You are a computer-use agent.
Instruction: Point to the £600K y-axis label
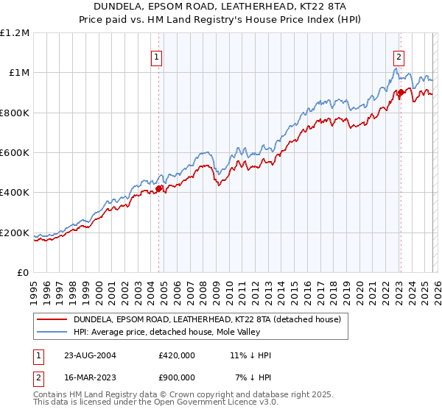pyautogui.click(x=15, y=153)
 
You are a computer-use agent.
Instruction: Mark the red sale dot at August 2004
pyautogui.click(x=158, y=189)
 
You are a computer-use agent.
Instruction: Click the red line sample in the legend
pyautogui.click(x=52, y=320)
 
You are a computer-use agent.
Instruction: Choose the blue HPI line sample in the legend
pyautogui.click(x=52, y=333)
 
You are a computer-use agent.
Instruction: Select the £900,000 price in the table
pyautogui.click(x=177, y=377)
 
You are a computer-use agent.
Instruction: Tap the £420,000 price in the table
pyautogui.click(x=177, y=355)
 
